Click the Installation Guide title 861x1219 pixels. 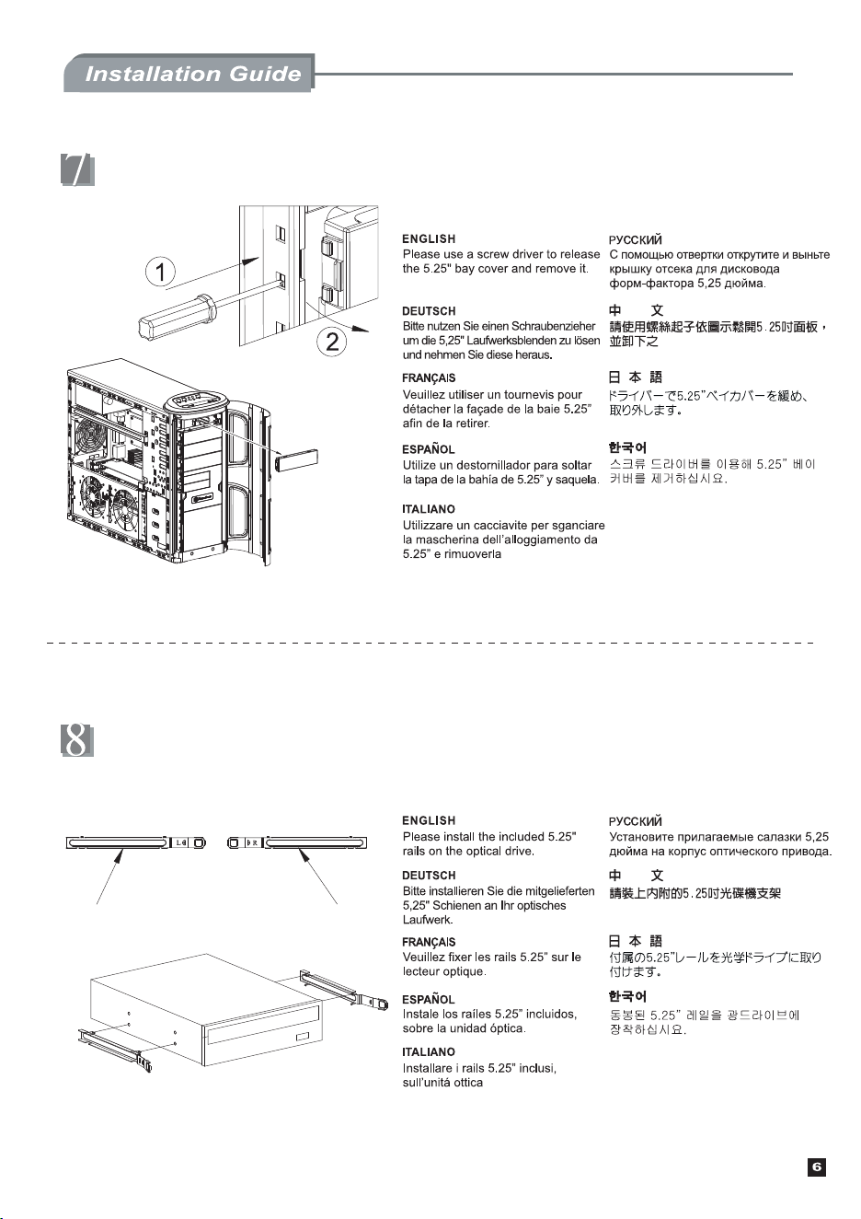pos(193,74)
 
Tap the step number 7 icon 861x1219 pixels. pos(77,170)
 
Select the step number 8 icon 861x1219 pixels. pos(77,739)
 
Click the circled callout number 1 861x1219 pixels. pos(160,272)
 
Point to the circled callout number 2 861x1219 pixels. pos(332,342)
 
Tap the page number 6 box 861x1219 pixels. pos(817,1167)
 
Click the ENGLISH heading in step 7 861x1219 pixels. pos(429,238)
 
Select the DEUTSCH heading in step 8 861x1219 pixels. pos(429,876)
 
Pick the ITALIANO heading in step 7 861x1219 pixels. pos(429,509)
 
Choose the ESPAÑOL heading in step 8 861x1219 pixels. pos(429,999)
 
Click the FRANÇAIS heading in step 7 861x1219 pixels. pos(429,378)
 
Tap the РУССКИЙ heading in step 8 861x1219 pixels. pos(636,821)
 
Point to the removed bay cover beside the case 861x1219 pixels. pos(297,460)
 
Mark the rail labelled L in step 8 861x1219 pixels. pos(136,843)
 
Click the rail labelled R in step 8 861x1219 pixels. pos(297,843)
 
